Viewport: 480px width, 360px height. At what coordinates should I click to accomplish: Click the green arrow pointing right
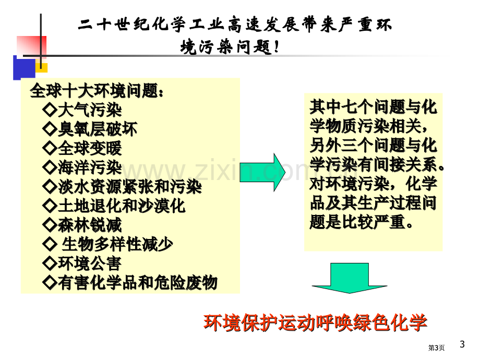coord(262,172)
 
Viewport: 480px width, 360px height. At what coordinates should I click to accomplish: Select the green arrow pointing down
coord(349,278)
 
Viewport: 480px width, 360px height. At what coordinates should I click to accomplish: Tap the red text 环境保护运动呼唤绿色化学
coord(315,322)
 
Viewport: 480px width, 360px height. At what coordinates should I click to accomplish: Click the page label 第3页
coord(436,348)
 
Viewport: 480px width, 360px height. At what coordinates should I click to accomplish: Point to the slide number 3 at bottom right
coord(462,344)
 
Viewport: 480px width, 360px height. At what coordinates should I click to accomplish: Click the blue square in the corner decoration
coord(24,68)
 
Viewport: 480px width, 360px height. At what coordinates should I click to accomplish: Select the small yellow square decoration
coord(42,68)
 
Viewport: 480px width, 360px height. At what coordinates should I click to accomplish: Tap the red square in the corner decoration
coord(31,47)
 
